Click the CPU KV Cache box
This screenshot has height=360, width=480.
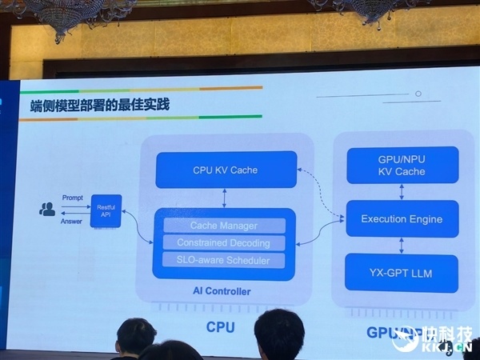tap(226, 170)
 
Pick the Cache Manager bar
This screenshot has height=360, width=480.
tap(224, 226)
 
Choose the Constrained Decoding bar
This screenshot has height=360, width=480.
tap(224, 242)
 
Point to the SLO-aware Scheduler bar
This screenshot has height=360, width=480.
tap(224, 260)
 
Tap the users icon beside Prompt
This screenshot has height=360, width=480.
tap(48, 210)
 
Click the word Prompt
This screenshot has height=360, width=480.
tap(72, 198)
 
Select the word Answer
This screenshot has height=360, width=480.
tap(71, 222)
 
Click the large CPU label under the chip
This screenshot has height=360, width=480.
tap(221, 327)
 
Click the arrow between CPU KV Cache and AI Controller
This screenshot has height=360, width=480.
tap(225, 198)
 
